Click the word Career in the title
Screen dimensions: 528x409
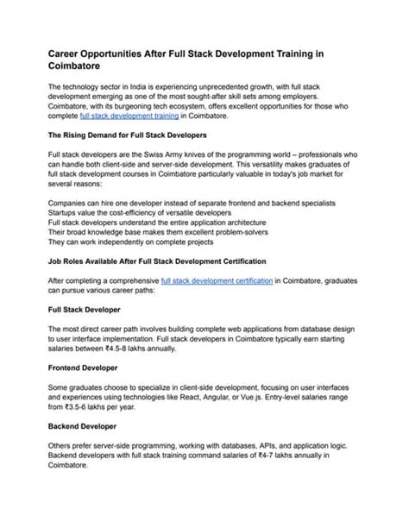coord(68,53)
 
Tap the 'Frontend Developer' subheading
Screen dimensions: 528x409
coord(85,367)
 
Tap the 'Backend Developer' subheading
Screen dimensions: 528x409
coord(84,427)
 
